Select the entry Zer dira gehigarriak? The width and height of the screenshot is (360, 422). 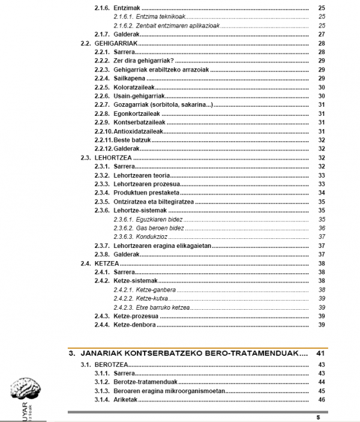[138, 61]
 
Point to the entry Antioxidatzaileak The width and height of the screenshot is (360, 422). [136, 131]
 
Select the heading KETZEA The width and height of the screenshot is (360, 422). [106, 263]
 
